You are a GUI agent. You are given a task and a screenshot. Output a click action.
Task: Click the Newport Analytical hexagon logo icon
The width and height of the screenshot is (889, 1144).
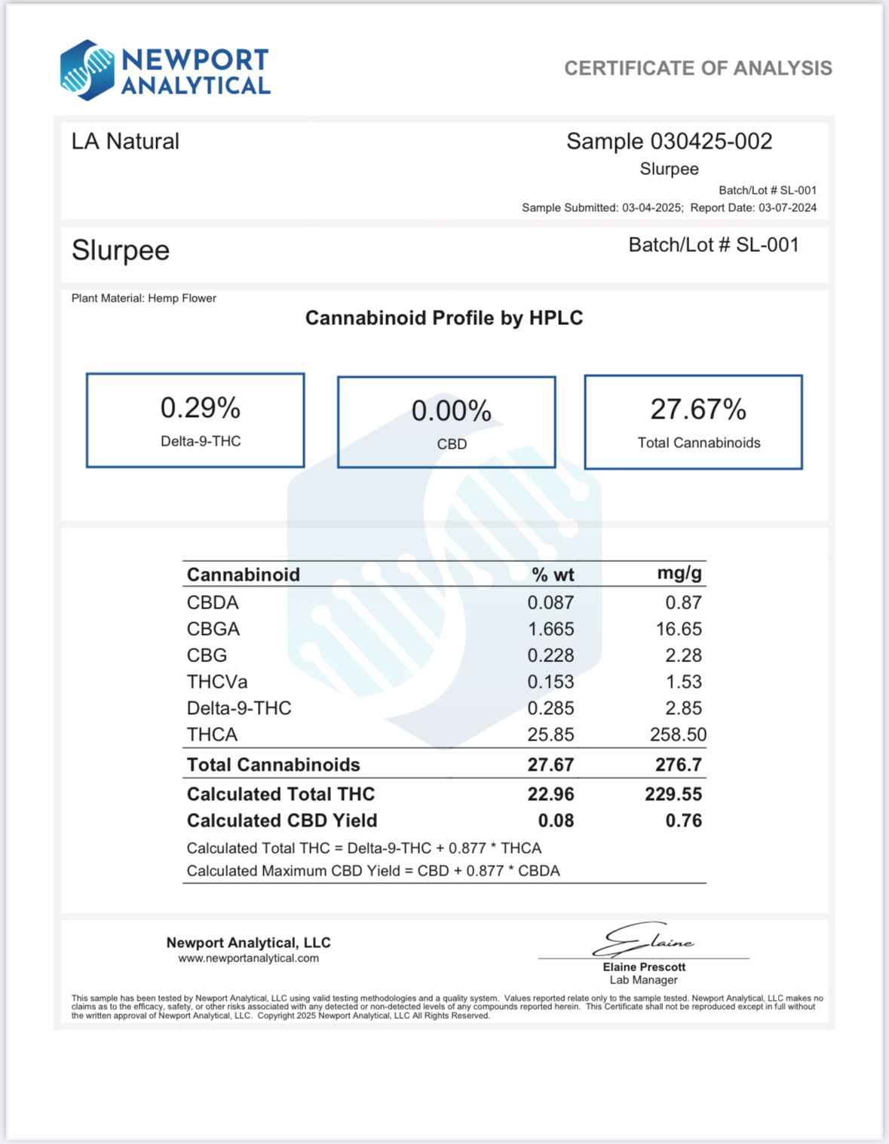point(87,70)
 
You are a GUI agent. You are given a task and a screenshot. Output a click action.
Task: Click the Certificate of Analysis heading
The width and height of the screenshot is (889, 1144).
point(697,69)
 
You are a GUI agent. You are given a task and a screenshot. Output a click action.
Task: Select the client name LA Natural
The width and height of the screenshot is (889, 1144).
point(125,142)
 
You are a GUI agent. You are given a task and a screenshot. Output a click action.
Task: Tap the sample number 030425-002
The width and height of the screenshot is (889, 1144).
point(711,142)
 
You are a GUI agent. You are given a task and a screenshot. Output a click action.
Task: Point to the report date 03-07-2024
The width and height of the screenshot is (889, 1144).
point(787,208)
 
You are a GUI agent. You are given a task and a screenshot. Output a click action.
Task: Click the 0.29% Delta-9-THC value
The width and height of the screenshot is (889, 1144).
point(200,409)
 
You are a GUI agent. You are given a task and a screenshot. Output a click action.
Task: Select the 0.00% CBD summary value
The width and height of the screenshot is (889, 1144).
point(451,412)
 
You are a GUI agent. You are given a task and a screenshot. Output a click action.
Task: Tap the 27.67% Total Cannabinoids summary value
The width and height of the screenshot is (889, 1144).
point(698,410)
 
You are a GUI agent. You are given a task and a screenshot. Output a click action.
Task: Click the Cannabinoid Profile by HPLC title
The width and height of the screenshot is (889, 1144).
point(444,318)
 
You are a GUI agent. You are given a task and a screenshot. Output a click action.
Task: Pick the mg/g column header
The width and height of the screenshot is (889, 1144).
point(679,573)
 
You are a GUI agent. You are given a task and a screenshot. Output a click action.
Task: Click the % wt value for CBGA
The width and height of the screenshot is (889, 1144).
point(550,629)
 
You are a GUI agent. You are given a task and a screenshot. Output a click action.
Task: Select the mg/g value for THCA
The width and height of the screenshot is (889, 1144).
point(678,735)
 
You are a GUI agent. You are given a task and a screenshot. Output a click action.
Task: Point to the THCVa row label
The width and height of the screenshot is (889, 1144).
point(217,682)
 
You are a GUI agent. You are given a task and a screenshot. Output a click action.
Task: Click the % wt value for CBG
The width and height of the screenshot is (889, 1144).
point(550,655)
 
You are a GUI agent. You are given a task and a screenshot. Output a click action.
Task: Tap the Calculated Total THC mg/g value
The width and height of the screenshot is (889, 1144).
point(673,794)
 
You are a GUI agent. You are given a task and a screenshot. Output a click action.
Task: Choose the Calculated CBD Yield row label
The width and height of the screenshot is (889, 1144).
point(282,820)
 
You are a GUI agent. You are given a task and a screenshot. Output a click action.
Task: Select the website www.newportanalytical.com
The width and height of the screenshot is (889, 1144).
point(248,958)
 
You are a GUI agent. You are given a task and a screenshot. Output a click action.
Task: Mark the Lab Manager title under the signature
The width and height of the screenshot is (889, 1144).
point(643,980)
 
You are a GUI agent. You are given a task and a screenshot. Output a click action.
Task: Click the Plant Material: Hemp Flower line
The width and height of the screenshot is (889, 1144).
point(144,299)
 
